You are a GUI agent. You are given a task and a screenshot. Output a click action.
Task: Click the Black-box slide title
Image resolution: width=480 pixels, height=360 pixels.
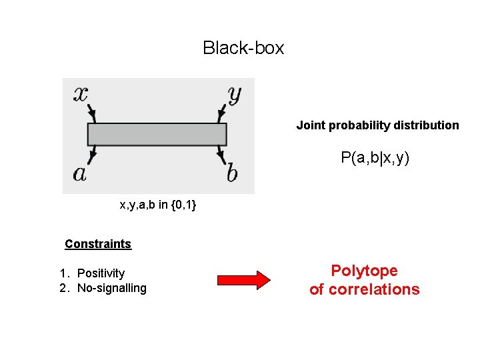pos(243,48)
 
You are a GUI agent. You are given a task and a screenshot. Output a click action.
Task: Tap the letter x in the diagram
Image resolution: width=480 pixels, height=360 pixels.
pos(80,93)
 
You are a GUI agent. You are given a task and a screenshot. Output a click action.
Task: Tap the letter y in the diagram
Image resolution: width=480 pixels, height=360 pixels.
pos(234,94)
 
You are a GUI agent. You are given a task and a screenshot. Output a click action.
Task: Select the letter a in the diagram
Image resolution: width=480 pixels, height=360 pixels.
pos(80,174)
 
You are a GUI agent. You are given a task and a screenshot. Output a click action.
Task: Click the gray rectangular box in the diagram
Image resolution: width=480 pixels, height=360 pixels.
pos(157,134)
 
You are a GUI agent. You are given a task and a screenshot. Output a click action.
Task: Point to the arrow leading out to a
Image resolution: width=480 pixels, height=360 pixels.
pos(91,156)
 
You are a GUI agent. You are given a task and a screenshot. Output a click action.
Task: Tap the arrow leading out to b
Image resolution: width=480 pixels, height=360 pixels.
pos(221,156)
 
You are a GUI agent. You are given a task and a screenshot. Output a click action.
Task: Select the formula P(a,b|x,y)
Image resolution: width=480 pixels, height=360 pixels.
pos(375,158)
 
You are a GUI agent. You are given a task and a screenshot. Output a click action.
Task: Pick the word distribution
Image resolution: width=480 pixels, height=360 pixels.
pos(426,125)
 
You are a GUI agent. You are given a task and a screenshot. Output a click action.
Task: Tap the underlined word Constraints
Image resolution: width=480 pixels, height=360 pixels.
pos(98,244)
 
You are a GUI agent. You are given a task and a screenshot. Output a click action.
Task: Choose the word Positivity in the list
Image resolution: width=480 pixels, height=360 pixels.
pos(101,273)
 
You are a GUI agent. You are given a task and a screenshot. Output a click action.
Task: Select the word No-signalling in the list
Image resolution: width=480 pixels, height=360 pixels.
pos(111,288)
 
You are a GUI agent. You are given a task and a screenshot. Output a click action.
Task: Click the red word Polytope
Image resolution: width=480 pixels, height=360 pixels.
pos(364,271)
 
